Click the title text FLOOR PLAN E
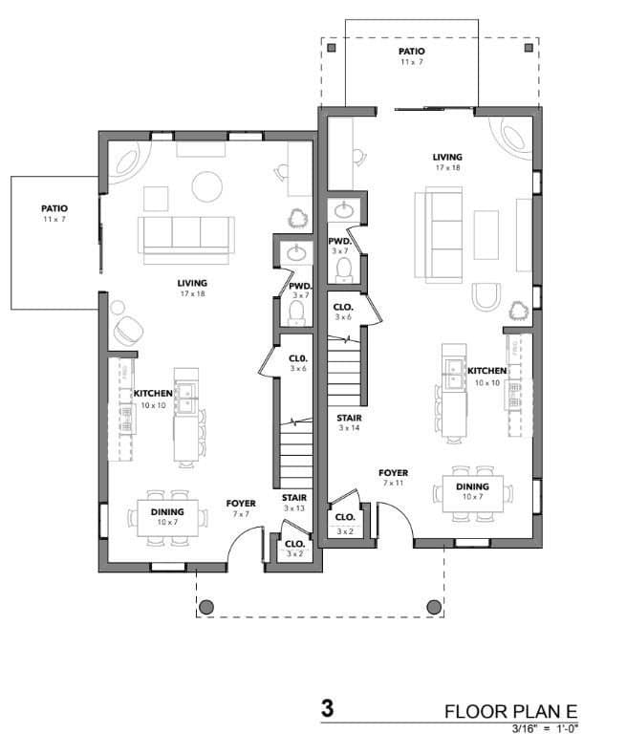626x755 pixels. pos(511,712)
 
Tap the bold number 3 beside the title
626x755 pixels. pos(327,710)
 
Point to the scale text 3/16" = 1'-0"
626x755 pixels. pos(546,729)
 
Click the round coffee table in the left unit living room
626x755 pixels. pos(207,185)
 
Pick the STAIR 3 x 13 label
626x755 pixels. pos(293,503)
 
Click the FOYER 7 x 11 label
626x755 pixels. pos(393,478)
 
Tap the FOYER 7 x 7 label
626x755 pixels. pos(241,507)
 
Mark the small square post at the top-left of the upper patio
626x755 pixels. pos(331,47)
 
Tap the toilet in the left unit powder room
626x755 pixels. pos(297,314)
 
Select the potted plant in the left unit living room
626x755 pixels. pos(298,217)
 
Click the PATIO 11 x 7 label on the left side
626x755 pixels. pos(54,212)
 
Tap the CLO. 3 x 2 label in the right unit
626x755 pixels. pos(344,522)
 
